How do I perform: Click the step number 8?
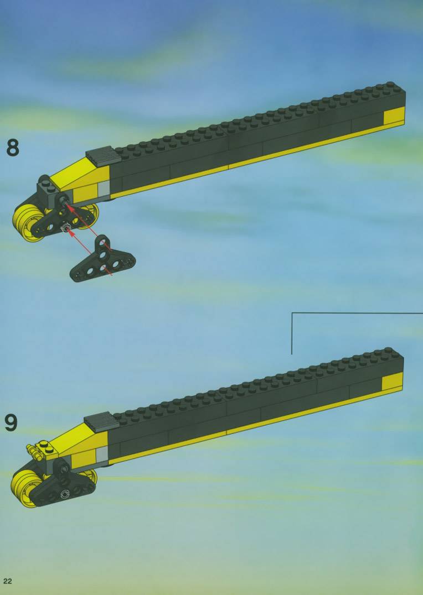point(13,148)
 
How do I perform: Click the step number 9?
point(12,422)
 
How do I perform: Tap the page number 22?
point(8,581)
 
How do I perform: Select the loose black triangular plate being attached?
point(102,261)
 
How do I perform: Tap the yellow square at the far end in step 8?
point(394,116)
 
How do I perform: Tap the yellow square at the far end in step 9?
point(392,382)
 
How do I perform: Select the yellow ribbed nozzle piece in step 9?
point(33,452)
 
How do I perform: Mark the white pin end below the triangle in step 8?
point(66,228)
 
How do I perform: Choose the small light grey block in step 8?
point(102,189)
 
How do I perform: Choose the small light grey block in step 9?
point(101,455)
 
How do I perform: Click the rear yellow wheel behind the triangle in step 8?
point(90,215)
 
